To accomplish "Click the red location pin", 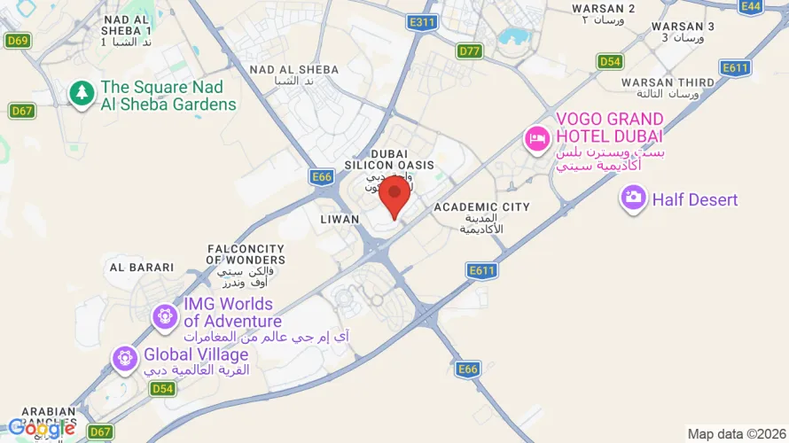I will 394,196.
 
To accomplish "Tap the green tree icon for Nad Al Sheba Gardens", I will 82,92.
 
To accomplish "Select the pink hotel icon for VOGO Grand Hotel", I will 536,138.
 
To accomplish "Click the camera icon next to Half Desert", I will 633,198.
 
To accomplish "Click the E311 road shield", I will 423,21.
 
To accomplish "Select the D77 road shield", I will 470,51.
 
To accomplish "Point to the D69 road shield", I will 17,40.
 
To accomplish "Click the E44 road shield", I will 751,6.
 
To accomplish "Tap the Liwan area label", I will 340,219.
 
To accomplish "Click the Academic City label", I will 481,207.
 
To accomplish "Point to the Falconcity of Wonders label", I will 246,254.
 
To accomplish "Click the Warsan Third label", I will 668,82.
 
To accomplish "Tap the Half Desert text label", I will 695,199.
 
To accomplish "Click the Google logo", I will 41,429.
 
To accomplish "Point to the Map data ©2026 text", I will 735,434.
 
